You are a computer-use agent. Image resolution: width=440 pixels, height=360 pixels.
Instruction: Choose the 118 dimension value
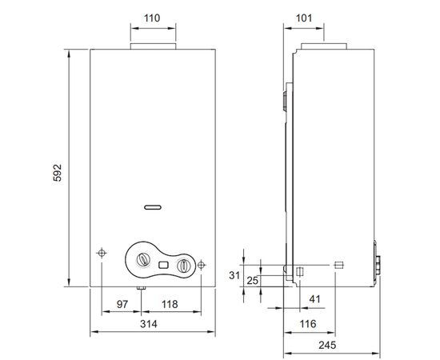[170, 306]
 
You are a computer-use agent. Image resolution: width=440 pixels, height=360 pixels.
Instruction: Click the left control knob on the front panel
[143, 261]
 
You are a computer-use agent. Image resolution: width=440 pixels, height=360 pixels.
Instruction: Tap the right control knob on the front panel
[184, 265]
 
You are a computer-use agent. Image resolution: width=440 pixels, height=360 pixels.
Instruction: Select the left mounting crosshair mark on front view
[102, 253]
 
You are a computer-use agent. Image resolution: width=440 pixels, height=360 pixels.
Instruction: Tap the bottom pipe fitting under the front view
[140, 289]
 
